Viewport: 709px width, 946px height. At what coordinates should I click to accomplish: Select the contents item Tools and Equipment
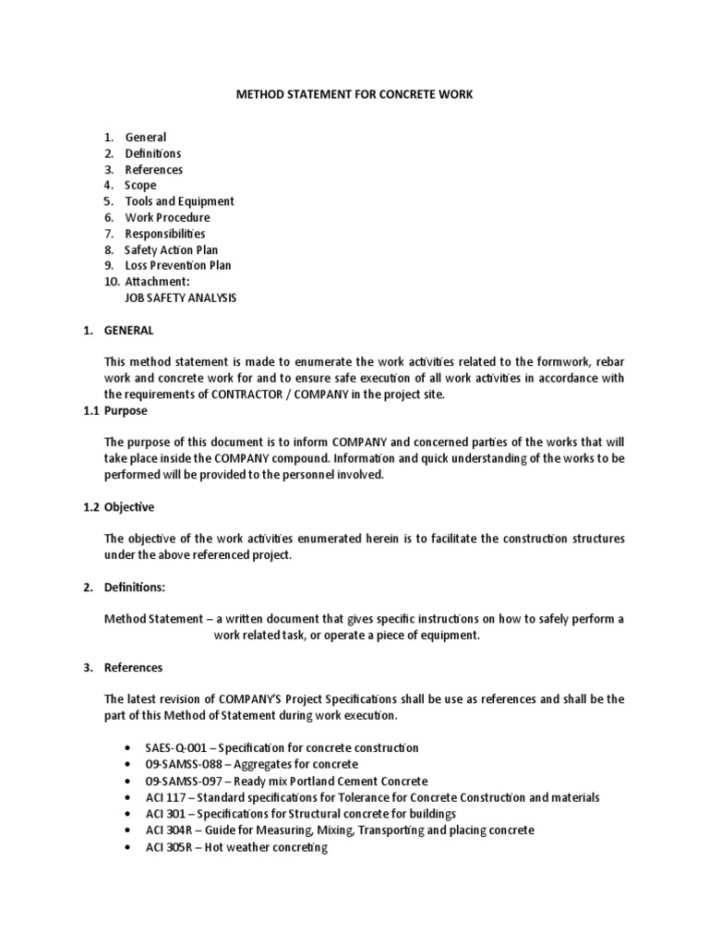179,201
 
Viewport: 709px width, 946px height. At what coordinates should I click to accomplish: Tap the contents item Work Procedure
167,218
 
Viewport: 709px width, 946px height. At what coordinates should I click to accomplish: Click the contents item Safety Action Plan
171,250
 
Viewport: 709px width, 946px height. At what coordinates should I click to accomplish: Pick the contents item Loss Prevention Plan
178,266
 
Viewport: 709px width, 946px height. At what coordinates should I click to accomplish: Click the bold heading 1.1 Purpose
114,410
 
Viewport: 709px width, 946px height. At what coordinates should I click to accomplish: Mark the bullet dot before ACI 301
126,815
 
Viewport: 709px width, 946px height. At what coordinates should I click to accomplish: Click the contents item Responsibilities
164,234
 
